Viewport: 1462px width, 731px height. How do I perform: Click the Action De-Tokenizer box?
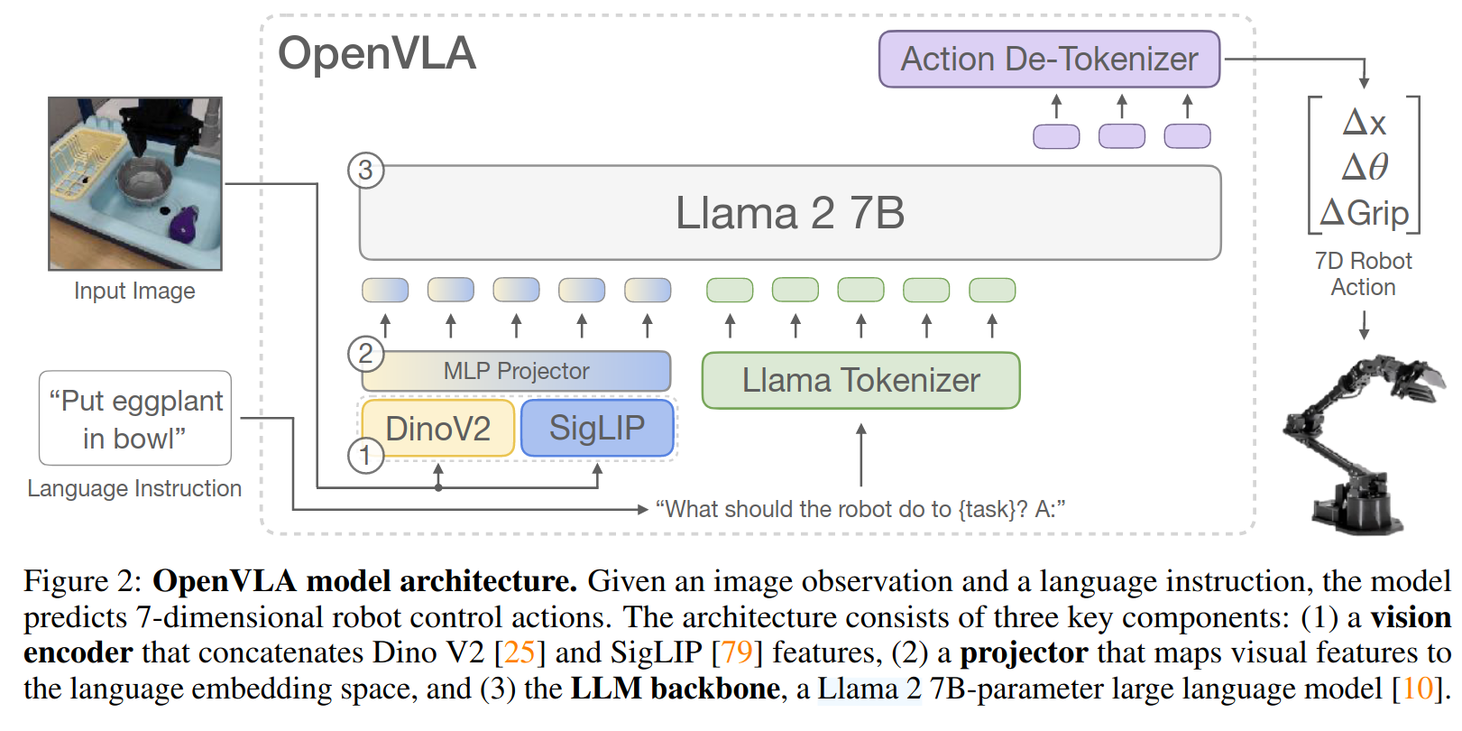click(1049, 59)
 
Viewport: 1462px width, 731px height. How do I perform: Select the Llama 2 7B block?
click(790, 213)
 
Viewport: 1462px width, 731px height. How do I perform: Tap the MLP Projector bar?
click(516, 371)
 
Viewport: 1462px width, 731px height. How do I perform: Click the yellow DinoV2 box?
click(438, 429)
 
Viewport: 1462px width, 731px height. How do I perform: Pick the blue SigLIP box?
click(597, 428)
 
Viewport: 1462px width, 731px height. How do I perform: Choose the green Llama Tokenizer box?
click(861, 380)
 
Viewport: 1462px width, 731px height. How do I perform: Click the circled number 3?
click(365, 171)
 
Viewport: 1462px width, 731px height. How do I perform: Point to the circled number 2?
click(365, 354)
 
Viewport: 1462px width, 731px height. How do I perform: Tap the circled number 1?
click(365, 455)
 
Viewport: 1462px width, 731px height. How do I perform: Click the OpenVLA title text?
click(377, 53)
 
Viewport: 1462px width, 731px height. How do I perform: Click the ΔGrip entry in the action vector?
click(1364, 213)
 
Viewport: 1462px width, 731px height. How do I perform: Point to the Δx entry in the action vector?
click(1364, 122)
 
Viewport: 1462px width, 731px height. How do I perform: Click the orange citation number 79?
click(737, 652)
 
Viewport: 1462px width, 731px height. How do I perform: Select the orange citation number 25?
click(520, 652)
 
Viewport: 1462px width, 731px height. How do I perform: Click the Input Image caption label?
click(134, 291)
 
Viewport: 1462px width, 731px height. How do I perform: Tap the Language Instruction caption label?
click(134, 488)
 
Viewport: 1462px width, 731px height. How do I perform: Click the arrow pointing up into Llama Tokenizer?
click(861, 455)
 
